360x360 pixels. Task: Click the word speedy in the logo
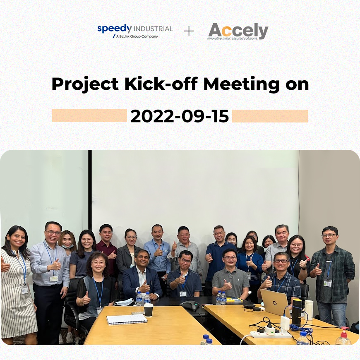tap(114, 29)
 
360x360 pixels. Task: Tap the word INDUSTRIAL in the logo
tap(153, 29)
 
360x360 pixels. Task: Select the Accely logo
tap(238, 31)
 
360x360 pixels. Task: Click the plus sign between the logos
tap(189, 31)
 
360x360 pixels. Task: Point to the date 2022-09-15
tap(180, 116)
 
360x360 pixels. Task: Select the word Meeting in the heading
tap(242, 85)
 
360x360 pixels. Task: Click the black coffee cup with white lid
tap(149, 310)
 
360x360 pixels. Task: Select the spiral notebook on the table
tap(127, 319)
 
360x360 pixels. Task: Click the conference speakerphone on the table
tap(189, 306)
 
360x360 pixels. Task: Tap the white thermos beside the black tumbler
tap(309, 310)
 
